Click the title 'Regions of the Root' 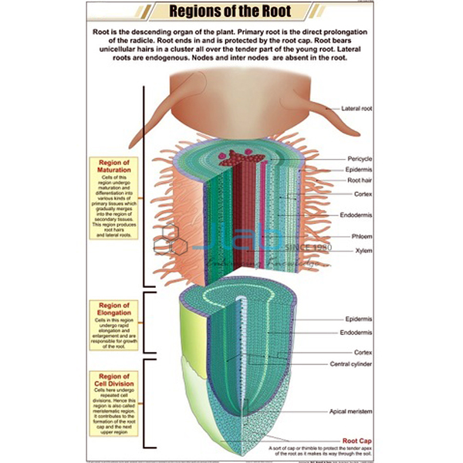coord(231,12)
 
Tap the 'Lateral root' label coord(357,109)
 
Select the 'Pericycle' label coord(360,158)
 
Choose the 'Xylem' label coord(363,251)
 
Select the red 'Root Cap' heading coord(357,437)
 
